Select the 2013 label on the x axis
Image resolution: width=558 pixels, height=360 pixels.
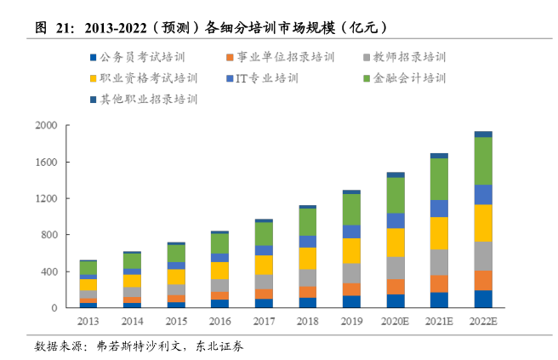point(88,320)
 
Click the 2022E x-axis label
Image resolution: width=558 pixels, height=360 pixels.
point(483,320)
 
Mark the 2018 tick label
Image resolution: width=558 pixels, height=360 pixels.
point(307,320)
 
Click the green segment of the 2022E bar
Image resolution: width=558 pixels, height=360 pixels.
point(483,161)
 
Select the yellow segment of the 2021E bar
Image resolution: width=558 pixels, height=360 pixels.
point(439,232)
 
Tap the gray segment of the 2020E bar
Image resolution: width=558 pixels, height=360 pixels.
point(395,267)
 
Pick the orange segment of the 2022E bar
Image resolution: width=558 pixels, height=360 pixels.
point(483,281)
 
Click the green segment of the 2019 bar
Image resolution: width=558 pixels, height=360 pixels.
point(351,209)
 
